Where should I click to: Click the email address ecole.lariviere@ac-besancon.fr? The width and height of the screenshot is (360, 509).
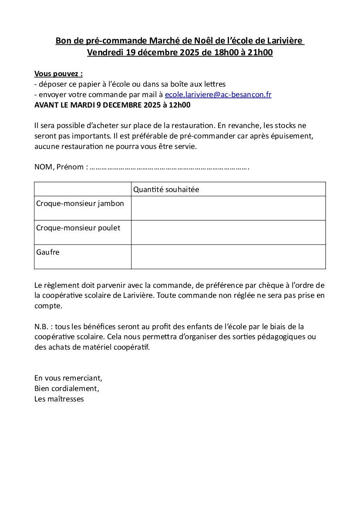[218, 94]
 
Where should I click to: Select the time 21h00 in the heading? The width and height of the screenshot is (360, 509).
[259, 53]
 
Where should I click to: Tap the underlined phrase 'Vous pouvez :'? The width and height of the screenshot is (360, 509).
[58, 74]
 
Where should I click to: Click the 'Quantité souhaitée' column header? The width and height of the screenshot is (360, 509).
[166, 189]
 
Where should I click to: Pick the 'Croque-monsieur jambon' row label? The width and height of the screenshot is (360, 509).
[80, 203]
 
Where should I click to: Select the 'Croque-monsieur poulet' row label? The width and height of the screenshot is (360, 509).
[78, 228]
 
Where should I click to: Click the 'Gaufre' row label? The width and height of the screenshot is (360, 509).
[48, 252]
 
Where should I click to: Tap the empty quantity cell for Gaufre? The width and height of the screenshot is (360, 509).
[228, 256]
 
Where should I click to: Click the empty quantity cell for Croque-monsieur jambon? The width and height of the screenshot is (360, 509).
[228, 208]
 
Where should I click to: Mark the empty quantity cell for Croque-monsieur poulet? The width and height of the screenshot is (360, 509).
[228, 232]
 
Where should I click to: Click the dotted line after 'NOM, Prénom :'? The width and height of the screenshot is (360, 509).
[169, 167]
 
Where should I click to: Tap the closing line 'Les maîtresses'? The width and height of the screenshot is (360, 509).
[59, 399]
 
